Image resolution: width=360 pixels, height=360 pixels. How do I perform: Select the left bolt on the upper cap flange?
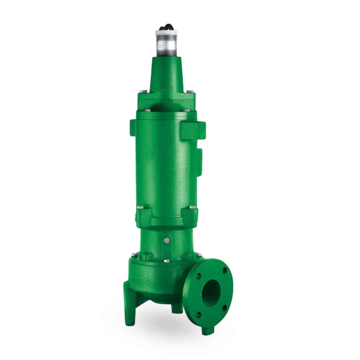point(142,91)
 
